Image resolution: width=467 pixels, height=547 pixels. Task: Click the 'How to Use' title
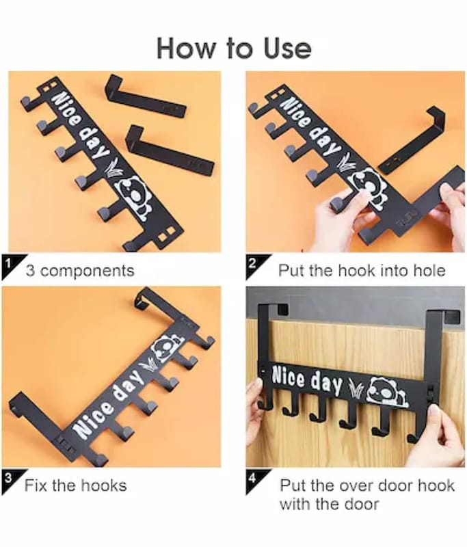[x=234, y=48]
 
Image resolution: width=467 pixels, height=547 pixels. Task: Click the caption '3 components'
[x=80, y=271]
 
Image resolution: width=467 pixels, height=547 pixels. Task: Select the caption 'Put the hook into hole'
[x=362, y=271]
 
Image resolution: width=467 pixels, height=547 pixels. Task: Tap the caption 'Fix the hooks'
[x=76, y=485]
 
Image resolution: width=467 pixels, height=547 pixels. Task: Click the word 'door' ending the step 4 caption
[x=361, y=504]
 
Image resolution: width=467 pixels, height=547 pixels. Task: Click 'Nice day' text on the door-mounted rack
[x=307, y=379]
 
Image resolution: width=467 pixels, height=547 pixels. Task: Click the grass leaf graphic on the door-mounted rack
[x=356, y=389]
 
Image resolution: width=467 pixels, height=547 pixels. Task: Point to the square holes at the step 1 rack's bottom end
[x=166, y=235]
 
